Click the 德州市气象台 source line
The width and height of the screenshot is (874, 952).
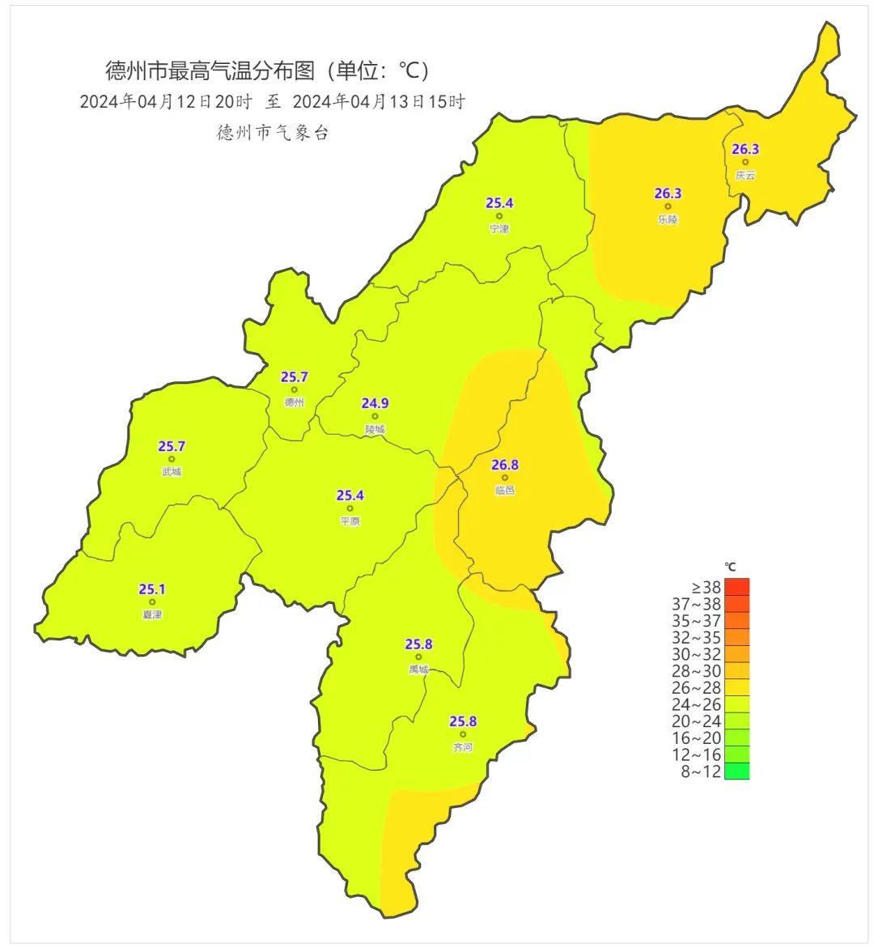273,134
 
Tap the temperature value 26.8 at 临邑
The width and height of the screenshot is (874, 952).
505,465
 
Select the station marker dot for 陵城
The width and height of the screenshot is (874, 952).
375,416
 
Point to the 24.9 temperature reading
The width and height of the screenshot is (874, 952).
375,403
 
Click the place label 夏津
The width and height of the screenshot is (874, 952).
152,615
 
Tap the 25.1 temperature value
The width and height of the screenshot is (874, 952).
152,589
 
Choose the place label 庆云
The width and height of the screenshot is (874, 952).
745,175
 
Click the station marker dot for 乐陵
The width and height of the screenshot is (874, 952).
668,206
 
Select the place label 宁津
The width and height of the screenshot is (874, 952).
499,229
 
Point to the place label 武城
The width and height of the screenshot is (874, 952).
172,472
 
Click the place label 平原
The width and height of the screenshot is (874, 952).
350,522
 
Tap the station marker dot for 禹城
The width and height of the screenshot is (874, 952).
418,657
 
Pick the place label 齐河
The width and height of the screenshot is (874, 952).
463,748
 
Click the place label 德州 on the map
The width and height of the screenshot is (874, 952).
294,402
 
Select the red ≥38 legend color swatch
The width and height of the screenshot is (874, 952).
737,587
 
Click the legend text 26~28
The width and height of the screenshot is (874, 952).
696,687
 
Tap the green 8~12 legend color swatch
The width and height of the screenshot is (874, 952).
737,771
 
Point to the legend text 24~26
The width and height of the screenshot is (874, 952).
696,704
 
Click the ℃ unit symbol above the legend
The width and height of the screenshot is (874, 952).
730,567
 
